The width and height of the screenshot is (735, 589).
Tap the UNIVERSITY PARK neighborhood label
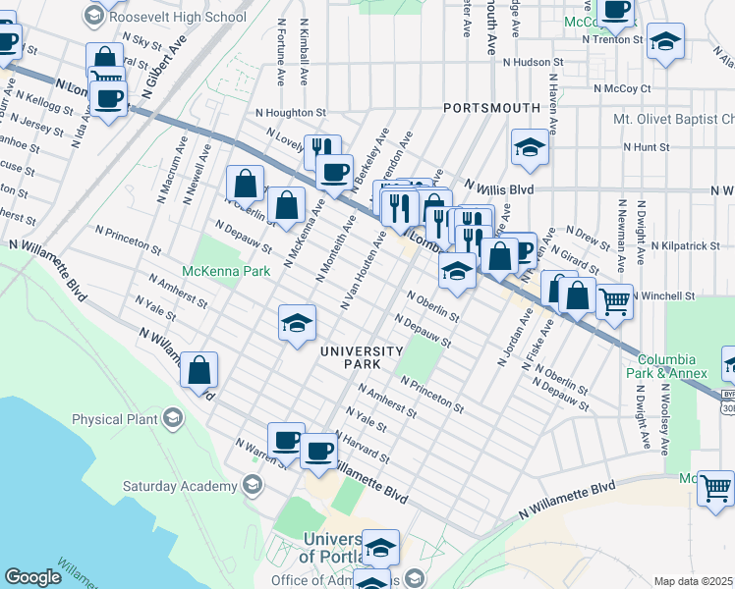click(361, 357)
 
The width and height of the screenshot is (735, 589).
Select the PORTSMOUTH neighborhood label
click(491, 107)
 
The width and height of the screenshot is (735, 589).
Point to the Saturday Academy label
click(174, 485)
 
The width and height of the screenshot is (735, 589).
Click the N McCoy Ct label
click(621, 88)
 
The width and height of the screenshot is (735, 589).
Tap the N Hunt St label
click(646, 147)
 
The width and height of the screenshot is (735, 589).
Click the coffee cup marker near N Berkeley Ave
click(335, 172)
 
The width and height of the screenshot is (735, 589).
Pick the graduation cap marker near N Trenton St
click(665, 41)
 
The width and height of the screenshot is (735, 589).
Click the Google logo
click(33, 577)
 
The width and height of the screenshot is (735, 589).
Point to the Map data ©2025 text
click(694, 581)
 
